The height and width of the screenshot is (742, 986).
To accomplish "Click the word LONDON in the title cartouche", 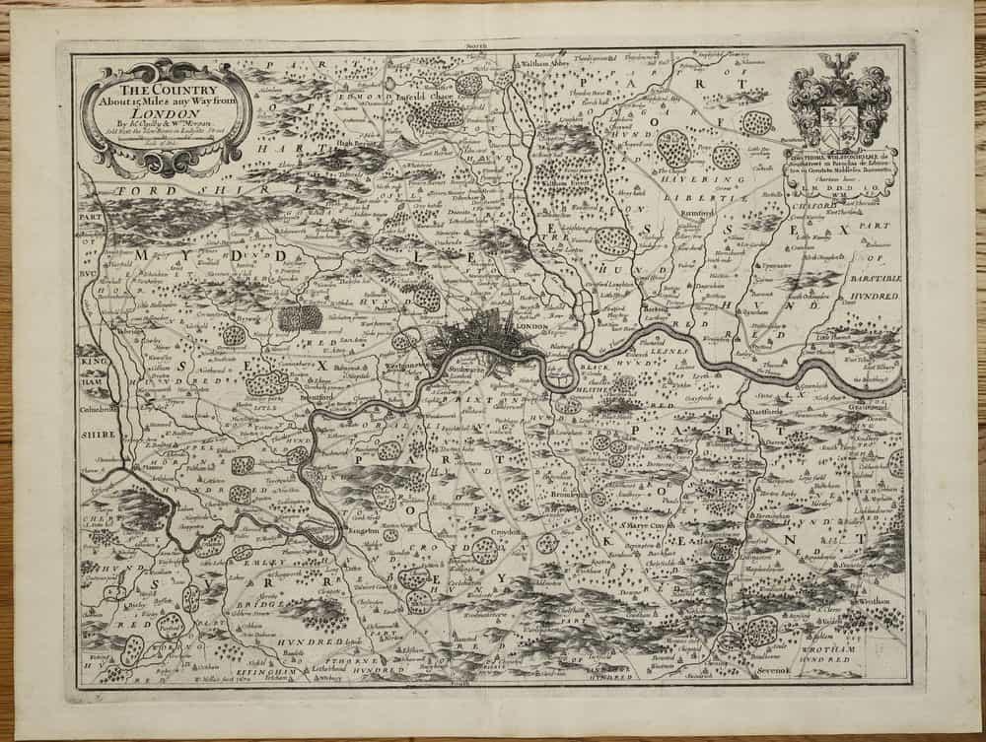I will (x=163, y=113).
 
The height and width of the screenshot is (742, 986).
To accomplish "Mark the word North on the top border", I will (x=475, y=45).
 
